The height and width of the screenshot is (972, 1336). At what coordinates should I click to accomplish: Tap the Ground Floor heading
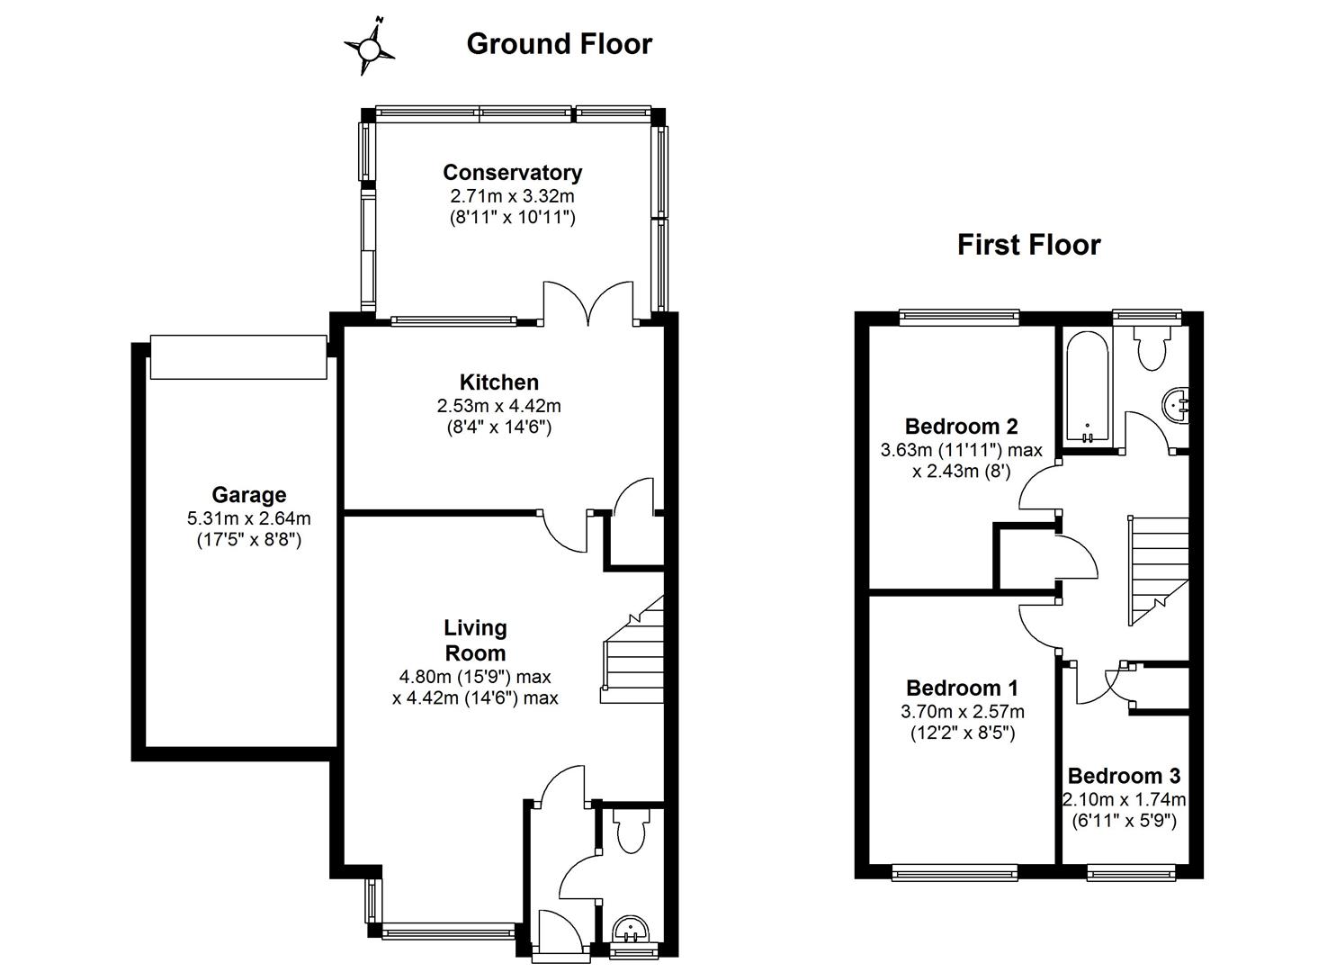pyautogui.click(x=559, y=44)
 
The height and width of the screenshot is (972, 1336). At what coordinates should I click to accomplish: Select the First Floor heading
pyautogui.click(x=1028, y=245)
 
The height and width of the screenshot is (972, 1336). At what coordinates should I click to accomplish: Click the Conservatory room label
pyautogui.click(x=512, y=172)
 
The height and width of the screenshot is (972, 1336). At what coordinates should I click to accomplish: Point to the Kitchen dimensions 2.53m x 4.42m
pyautogui.click(x=498, y=406)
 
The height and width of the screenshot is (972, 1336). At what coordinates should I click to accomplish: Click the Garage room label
pyautogui.click(x=249, y=494)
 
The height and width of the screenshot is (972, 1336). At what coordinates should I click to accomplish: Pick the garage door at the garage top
pyautogui.click(x=238, y=357)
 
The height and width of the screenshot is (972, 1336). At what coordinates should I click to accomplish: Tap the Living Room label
pyautogui.click(x=475, y=640)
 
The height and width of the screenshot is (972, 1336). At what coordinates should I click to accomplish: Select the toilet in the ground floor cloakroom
pyautogui.click(x=629, y=829)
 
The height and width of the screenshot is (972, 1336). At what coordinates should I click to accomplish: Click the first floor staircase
pyautogui.click(x=1159, y=569)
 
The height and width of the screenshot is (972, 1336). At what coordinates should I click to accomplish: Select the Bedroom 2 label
pyautogui.click(x=961, y=426)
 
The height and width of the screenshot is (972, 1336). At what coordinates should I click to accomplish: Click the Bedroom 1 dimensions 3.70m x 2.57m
pyautogui.click(x=962, y=711)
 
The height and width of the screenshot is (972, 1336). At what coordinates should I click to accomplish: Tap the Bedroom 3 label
pyautogui.click(x=1124, y=776)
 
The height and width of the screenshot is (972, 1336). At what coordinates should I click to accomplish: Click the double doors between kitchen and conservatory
pyautogui.click(x=589, y=304)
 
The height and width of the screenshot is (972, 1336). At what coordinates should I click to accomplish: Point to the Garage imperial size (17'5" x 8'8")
pyautogui.click(x=249, y=540)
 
